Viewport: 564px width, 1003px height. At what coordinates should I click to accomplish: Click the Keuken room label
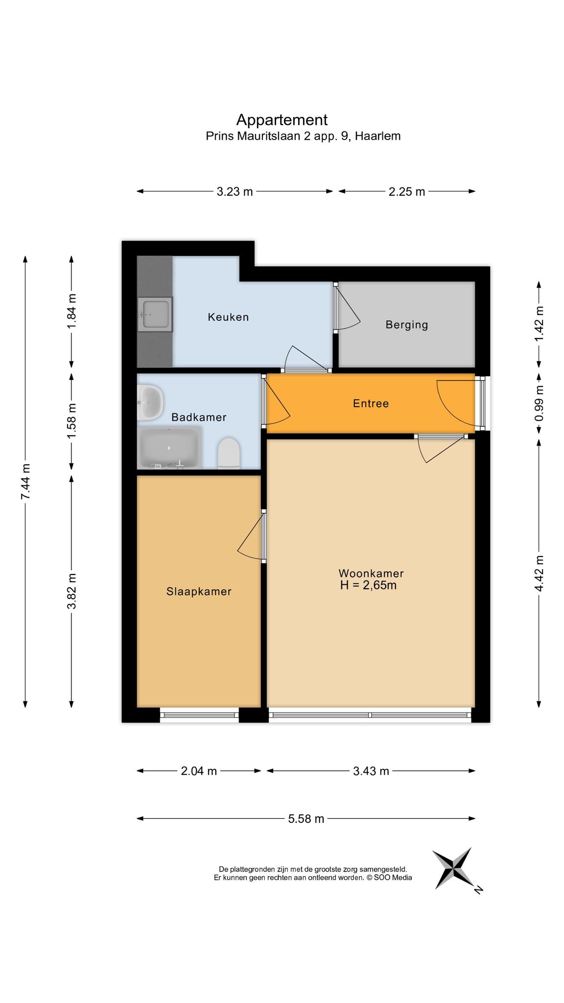pos(228,317)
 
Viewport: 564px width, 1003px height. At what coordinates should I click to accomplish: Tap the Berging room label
pos(407,325)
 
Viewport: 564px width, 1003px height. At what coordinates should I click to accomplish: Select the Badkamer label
pos(199,417)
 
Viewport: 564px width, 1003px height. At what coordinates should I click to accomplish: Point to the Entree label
pos(371,404)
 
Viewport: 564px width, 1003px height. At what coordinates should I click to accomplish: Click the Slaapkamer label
pos(199,592)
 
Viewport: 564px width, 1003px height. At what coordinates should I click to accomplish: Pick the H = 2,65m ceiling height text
pos(368,585)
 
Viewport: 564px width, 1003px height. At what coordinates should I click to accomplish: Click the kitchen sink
pos(155,314)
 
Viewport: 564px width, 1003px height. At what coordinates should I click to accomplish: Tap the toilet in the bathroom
pos(229,453)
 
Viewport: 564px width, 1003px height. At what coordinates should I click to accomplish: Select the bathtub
pos(169,448)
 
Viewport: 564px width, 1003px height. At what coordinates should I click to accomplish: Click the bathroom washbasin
pos(150,403)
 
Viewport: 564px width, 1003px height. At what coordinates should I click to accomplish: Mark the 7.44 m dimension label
pos(26,481)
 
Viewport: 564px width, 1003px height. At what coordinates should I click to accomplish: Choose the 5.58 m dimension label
pos(306,818)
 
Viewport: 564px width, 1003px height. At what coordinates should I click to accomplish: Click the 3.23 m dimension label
pos(235,191)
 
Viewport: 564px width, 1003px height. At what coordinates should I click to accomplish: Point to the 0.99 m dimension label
pos(539,404)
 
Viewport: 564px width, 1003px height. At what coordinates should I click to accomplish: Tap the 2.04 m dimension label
pos(199,771)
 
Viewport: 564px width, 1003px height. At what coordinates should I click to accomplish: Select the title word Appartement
pos(282,120)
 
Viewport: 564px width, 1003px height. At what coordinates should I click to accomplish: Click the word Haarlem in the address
pos(377,136)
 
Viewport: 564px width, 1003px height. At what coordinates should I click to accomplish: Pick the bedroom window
pos(199,715)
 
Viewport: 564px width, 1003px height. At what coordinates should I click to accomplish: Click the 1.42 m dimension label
pos(539,324)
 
